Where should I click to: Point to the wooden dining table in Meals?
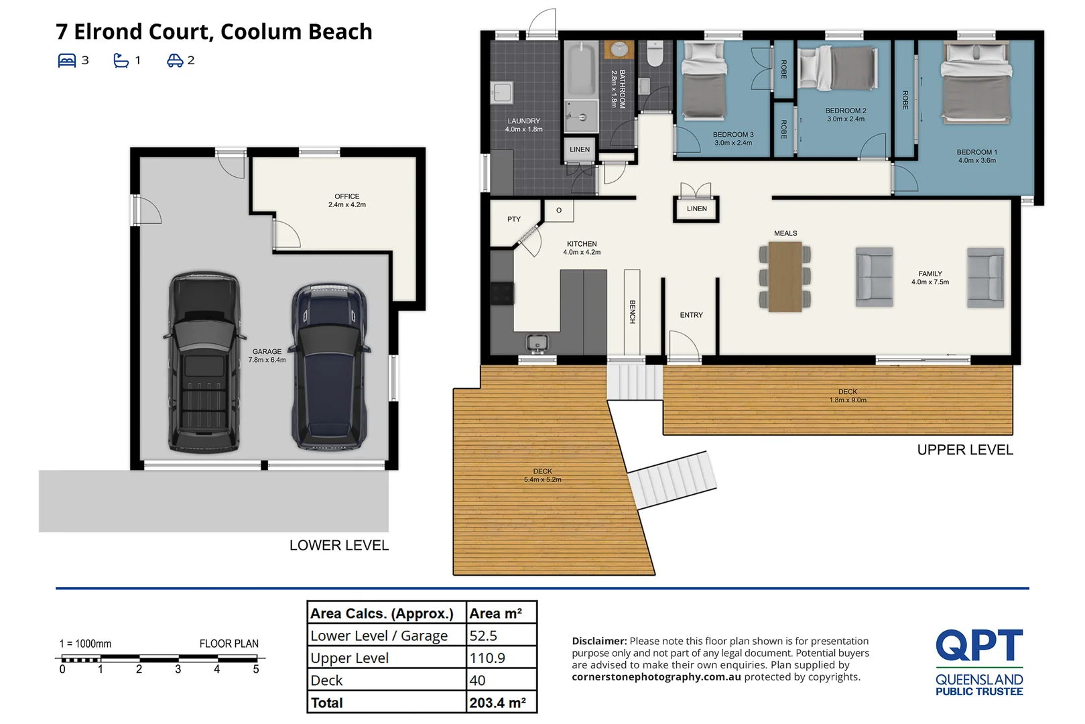(x=785, y=276)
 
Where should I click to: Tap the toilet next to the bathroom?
(x=655, y=54)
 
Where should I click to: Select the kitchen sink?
(x=537, y=343)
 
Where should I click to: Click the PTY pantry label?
(x=513, y=219)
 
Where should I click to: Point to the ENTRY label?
(x=691, y=315)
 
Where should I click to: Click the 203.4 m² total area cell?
(x=498, y=703)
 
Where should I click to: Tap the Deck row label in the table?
(x=326, y=680)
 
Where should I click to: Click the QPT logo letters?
(x=978, y=645)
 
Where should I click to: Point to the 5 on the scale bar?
(x=255, y=669)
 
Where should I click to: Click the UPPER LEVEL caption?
(x=964, y=450)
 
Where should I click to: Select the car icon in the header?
(x=174, y=60)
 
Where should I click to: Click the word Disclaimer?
(x=598, y=641)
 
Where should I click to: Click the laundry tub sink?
(x=501, y=92)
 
